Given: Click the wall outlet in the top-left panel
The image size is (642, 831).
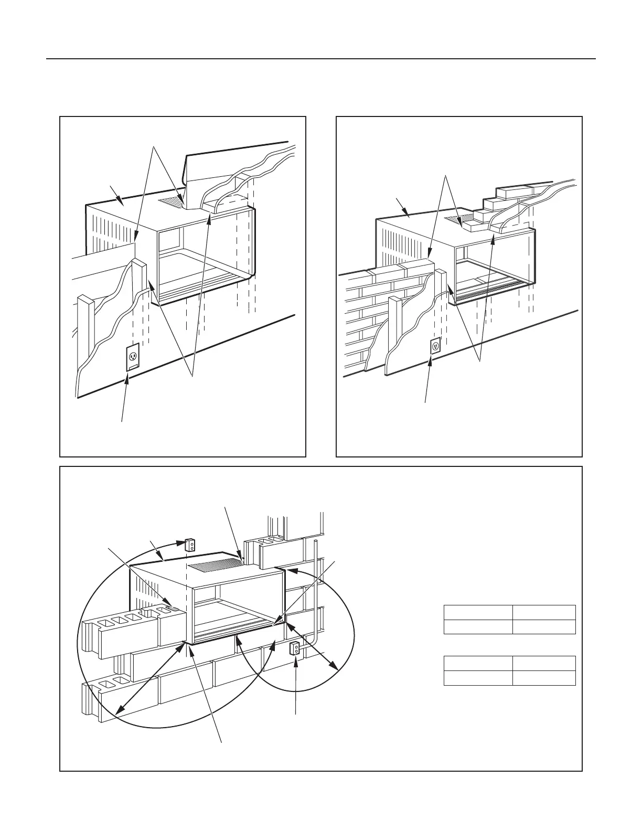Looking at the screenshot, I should click(133, 357).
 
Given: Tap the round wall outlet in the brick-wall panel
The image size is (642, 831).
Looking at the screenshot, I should click(435, 346).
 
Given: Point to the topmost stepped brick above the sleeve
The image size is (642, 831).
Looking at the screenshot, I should click(517, 189).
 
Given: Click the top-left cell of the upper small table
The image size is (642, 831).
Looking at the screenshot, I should click(478, 612).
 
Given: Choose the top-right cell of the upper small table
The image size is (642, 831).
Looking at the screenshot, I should click(544, 612).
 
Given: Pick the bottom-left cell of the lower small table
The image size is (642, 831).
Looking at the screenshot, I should click(478, 678).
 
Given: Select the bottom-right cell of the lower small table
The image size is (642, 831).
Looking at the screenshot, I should click(544, 678).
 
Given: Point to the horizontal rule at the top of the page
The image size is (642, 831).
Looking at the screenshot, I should click(321, 59).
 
